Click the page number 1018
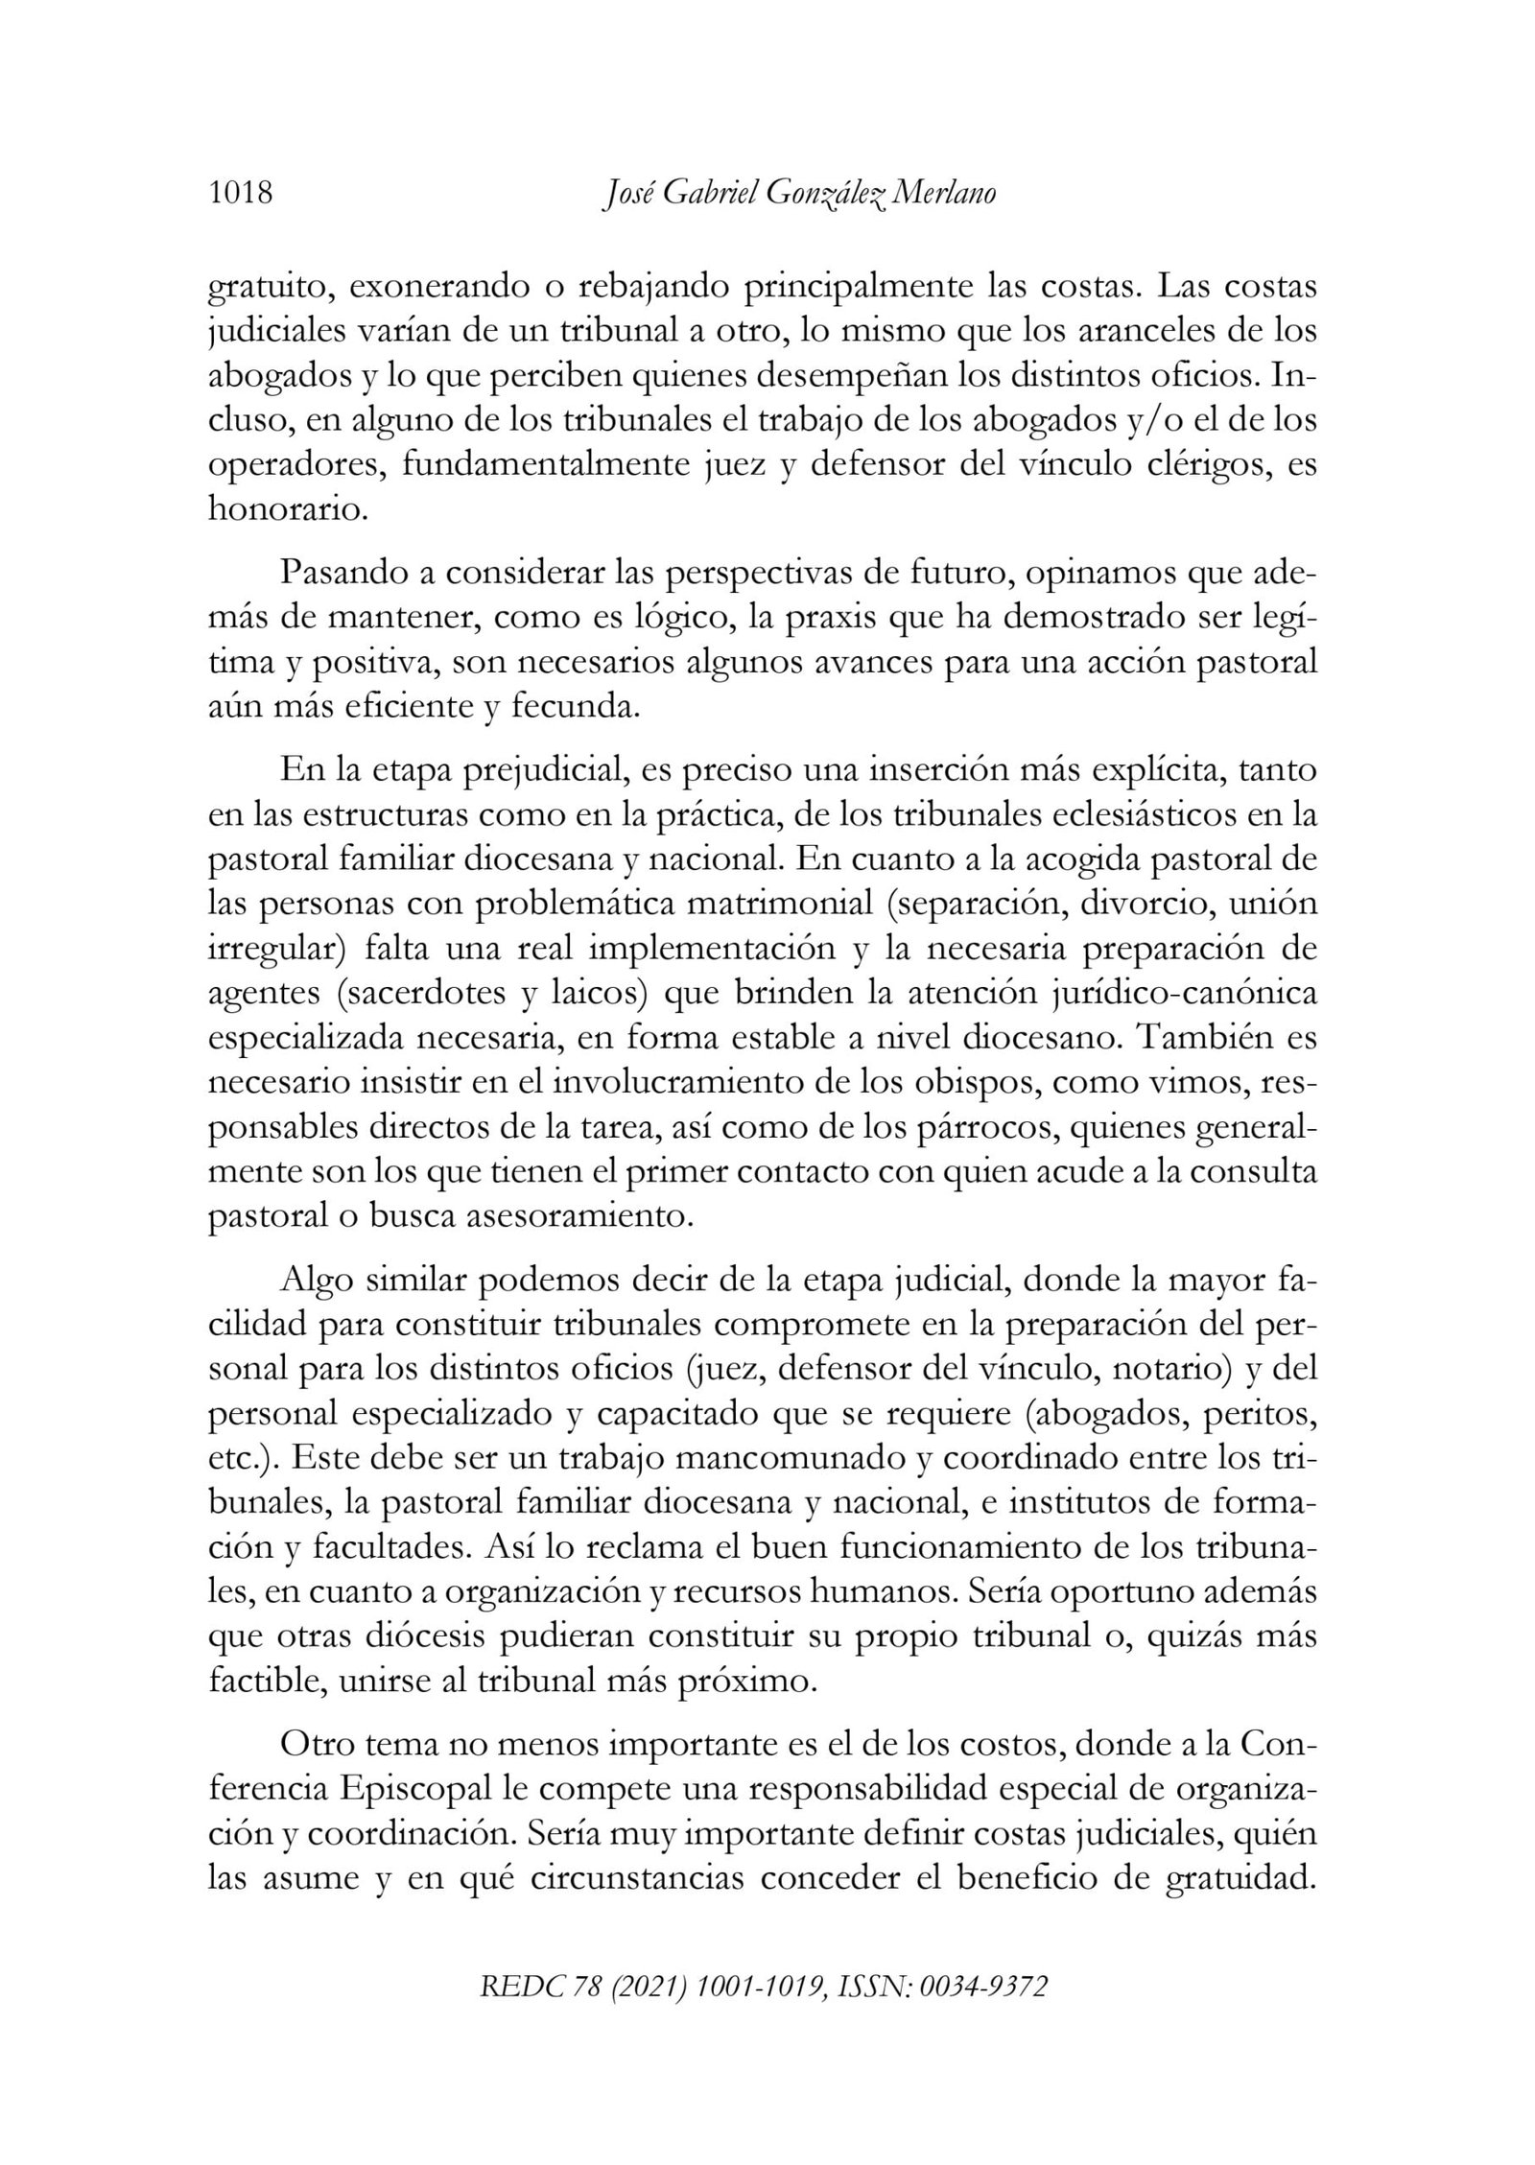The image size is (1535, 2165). (241, 194)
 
